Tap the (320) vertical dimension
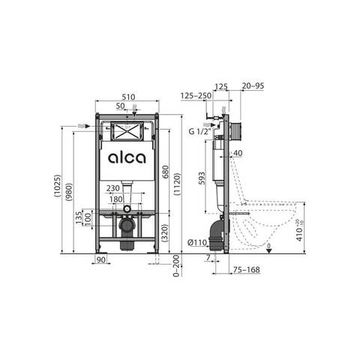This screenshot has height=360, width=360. (x=166, y=239)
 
